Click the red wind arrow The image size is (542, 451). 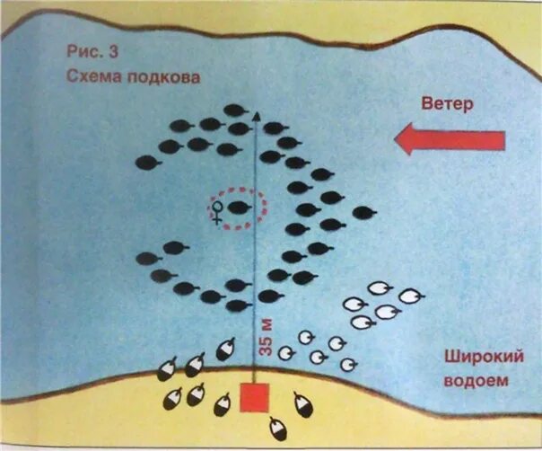pyautogui.click(x=450, y=139)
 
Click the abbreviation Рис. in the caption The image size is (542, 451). pyautogui.click(x=88, y=52)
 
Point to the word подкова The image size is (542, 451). pyautogui.click(x=164, y=77)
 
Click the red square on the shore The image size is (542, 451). pyautogui.click(x=256, y=399)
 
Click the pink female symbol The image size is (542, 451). pyautogui.click(x=217, y=212)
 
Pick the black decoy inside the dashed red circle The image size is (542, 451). pyautogui.click(x=239, y=209)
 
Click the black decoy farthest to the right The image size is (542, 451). pyautogui.click(x=361, y=213)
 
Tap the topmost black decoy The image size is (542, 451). pyautogui.click(x=234, y=111)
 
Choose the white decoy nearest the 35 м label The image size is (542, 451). pyautogui.click(x=286, y=352)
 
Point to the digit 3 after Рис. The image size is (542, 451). pyautogui.click(x=111, y=52)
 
